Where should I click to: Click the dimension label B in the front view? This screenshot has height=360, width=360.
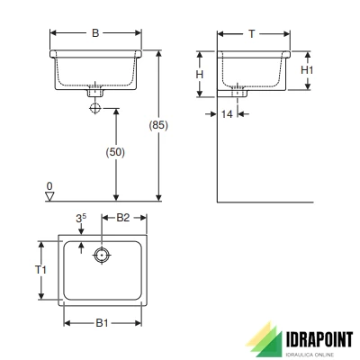[95, 34]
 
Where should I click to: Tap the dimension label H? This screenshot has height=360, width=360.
[201, 74]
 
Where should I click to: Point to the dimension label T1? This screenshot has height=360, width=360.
[40, 269]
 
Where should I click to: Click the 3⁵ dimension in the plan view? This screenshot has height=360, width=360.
[81, 218]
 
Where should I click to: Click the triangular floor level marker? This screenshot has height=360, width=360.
[50, 195]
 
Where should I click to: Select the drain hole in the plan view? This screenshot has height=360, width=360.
[103, 256]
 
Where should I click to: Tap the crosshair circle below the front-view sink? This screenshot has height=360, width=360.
[94, 108]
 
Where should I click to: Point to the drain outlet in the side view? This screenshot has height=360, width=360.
[238, 91]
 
